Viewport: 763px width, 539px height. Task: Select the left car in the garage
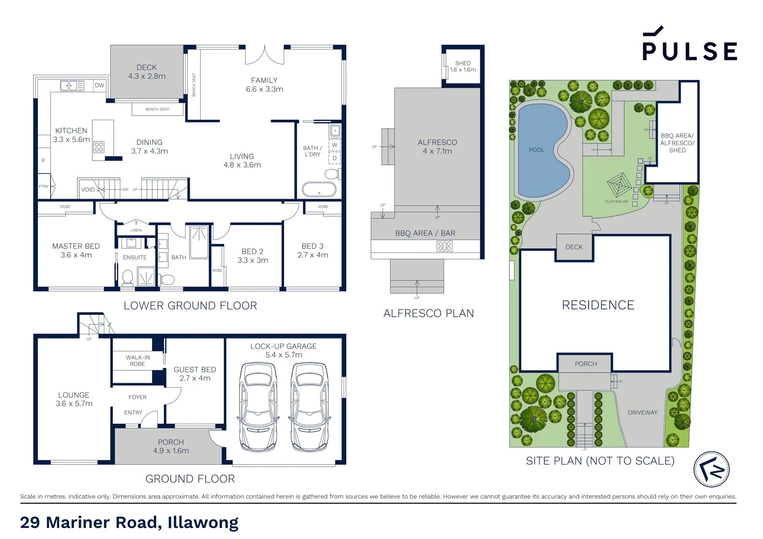(258, 406)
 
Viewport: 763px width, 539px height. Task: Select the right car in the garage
(309, 406)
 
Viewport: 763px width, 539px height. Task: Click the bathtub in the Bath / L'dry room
(319, 190)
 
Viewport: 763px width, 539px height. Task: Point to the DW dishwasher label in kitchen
(100, 85)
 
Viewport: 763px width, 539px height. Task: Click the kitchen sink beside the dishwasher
(72, 86)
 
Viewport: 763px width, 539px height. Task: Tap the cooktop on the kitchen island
(99, 147)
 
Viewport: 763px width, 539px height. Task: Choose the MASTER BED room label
(76, 246)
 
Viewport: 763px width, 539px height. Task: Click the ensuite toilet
(128, 277)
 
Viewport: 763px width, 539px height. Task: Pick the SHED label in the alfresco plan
(463, 63)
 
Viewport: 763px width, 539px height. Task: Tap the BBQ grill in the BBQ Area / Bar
(444, 246)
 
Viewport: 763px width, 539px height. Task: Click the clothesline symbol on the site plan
(619, 185)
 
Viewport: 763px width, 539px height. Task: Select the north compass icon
(712, 470)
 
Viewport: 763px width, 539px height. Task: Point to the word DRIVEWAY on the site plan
(643, 413)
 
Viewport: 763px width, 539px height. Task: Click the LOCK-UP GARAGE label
(283, 346)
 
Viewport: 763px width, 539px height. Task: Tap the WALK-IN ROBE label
(138, 360)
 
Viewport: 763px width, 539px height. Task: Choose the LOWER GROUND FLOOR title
(190, 306)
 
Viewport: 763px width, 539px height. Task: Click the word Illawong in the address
(203, 523)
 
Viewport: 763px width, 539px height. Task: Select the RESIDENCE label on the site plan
(598, 305)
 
